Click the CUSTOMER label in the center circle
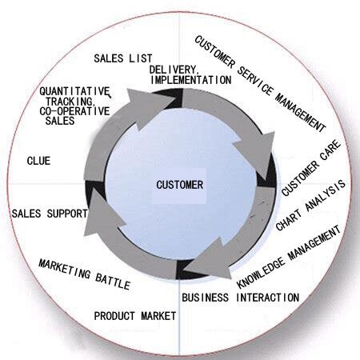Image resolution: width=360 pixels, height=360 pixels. coord(179,185)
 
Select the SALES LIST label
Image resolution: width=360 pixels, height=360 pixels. coord(123,58)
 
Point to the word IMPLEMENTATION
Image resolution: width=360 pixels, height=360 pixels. coord(191,80)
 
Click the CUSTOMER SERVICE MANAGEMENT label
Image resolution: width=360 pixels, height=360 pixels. coord(261,83)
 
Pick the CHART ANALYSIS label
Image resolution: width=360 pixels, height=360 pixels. coord(310,206)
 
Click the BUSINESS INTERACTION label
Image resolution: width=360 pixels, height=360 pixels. coord(240,298)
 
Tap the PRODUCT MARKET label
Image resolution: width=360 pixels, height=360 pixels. coord(135,316)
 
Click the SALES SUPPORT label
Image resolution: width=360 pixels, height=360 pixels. coord(49,214)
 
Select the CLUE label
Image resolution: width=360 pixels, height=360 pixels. coord(38,161)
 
